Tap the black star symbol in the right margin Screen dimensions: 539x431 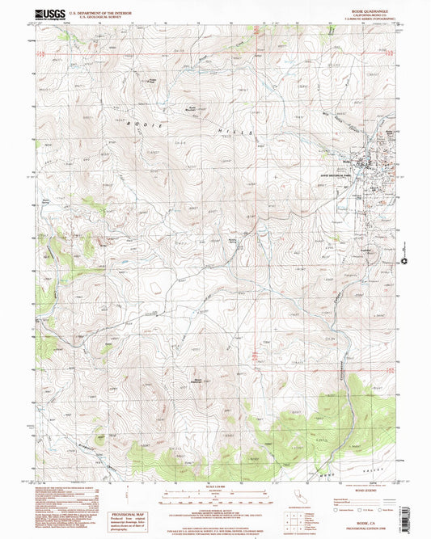404,261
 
